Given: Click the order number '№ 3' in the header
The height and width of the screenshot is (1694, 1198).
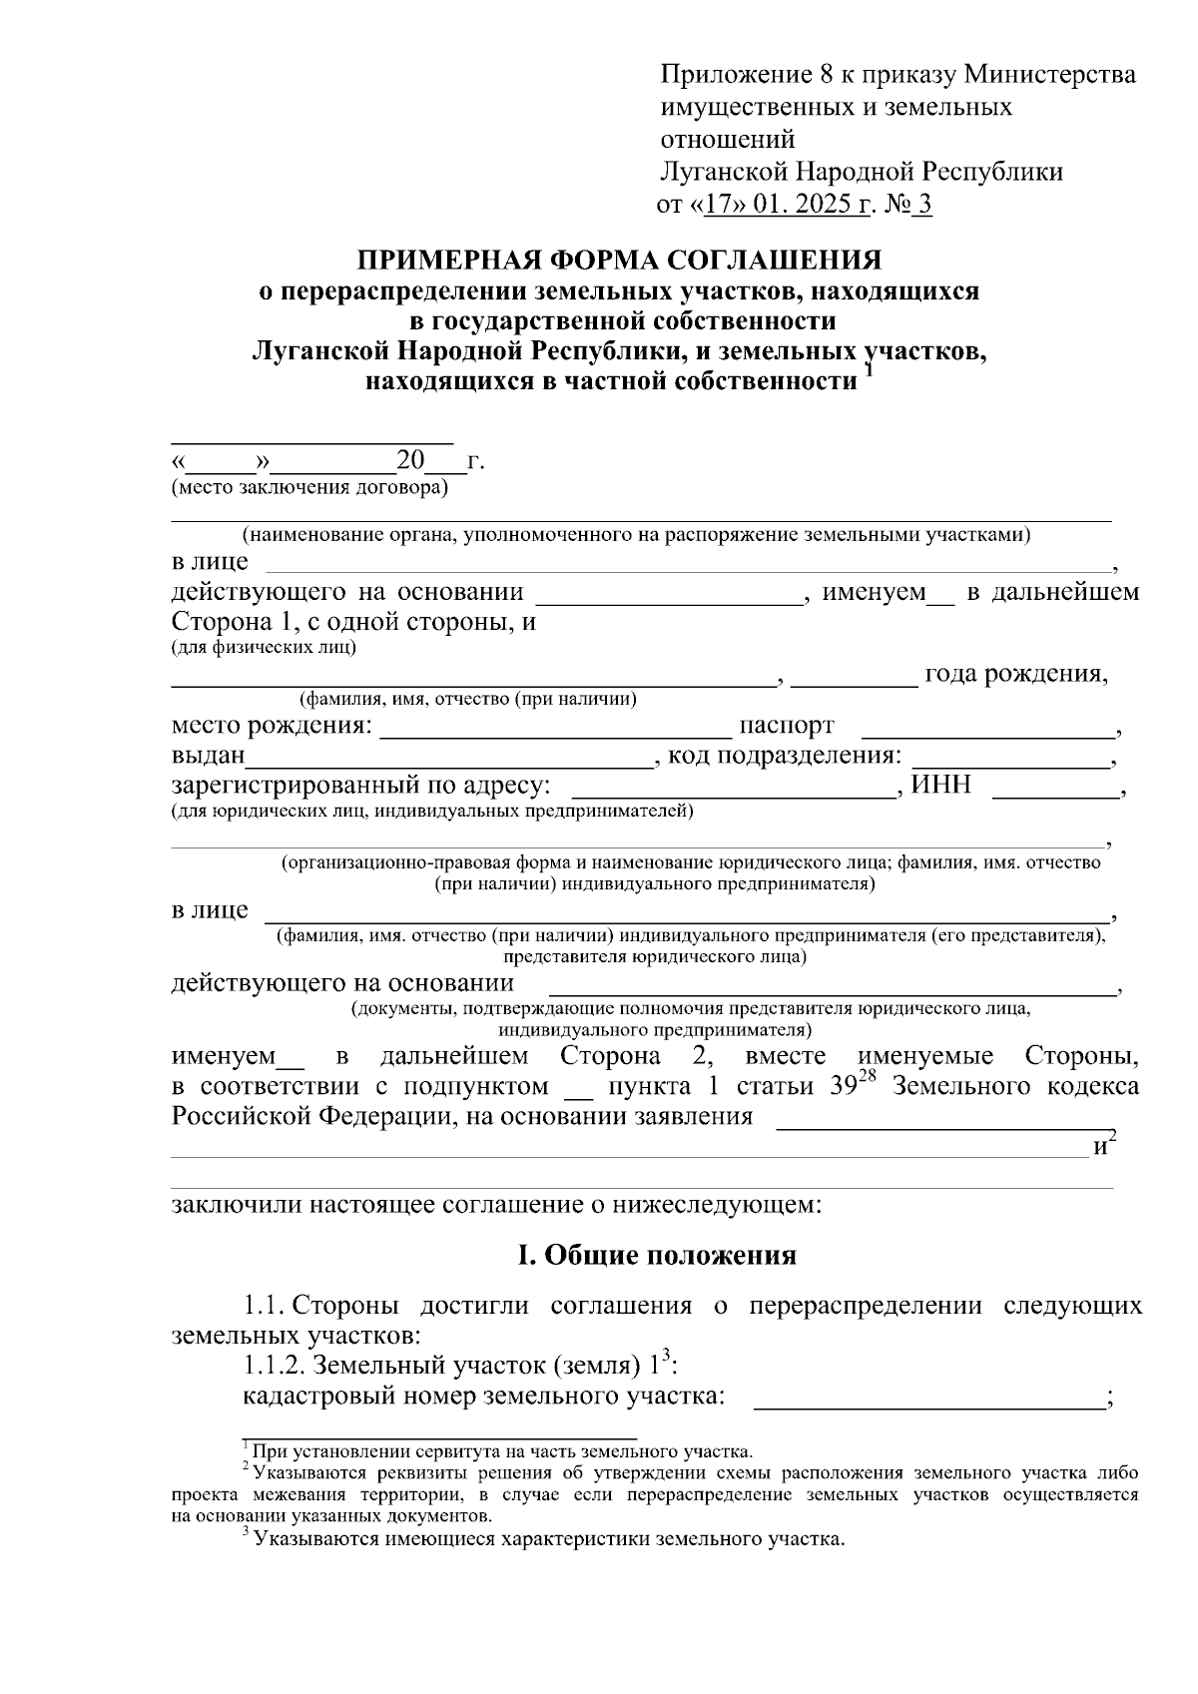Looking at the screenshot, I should pos(909,206).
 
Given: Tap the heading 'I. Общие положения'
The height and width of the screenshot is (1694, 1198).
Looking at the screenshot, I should pos(656,1255).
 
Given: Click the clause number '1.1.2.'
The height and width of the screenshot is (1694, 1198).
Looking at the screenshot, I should pos(276,1365).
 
